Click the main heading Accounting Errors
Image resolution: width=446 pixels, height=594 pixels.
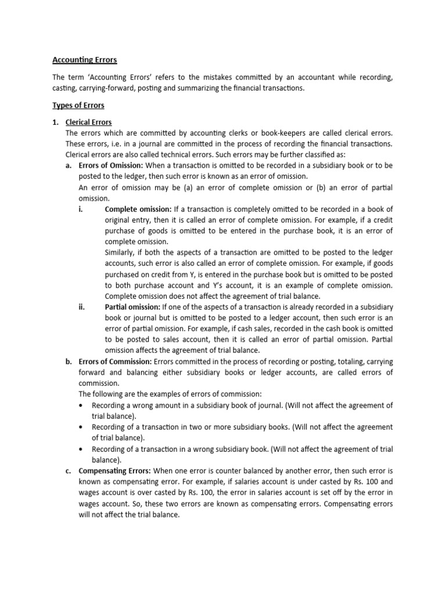coord(85,60)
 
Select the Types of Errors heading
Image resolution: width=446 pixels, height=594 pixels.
coord(78,106)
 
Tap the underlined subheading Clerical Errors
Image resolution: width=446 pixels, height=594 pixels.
coord(88,122)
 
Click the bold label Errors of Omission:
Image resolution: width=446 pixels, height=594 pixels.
coord(110,166)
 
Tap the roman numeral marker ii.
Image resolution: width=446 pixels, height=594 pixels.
coord(81,307)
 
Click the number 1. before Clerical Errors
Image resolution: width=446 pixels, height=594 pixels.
coord(56,122)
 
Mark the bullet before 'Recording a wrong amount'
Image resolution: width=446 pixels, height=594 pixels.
coord(80,405)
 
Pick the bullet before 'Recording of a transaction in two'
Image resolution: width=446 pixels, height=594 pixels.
coord(80,427)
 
